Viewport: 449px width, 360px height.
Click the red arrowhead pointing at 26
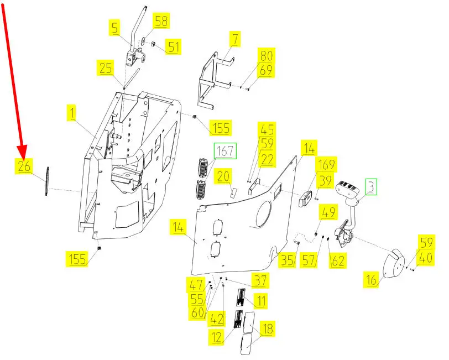click(22, 152)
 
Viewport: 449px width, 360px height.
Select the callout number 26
click(24, 166)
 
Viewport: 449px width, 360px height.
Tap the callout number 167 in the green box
click(225, 150)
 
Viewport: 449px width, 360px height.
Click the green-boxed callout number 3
click(371, 187)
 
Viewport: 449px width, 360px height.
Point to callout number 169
click(326, 165)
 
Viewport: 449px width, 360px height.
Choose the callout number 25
click(106, 68)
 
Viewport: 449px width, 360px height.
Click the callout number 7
click(235, 39)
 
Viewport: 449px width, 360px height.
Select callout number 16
click(371, 279)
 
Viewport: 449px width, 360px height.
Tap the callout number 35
click(287, 260)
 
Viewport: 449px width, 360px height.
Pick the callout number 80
click(266, 55)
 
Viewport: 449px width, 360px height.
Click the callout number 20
click(223, 176)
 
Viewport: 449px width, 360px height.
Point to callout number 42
click(217, 319)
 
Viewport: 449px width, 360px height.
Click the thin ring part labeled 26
click(46, 181)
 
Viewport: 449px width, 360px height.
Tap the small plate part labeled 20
click(233, 192)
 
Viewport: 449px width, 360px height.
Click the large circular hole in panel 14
click(264, 214)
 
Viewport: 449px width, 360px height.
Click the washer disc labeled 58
click(143, 40)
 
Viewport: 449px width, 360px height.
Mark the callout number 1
click(72, 113)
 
